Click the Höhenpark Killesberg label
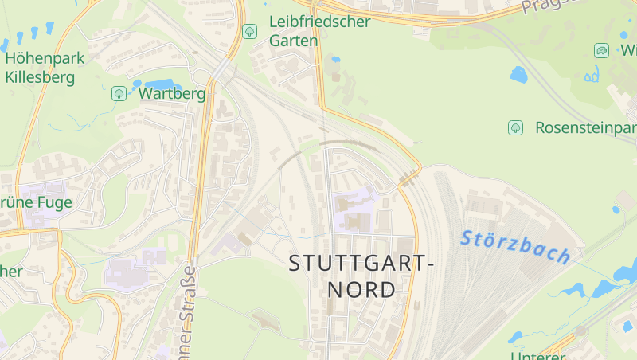tap(45, 68)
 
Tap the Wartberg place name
tap(172, 94)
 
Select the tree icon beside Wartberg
tap(119, 94)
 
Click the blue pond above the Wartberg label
tap(159, 84)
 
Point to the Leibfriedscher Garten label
tap(319, 30)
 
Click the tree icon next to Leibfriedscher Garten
tap(249, 32)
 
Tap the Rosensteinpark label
tap(585, 128)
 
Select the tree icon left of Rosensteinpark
tap(515, 127)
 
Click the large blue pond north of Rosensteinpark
tap(519, 75)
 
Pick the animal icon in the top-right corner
tap(601, 51)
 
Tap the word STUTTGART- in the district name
tap(361, 263)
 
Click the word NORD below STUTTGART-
tap(361, 289)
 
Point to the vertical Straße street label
tap(188, 311)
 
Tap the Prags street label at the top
tap(549, 6)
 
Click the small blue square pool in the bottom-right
tap(627, 326)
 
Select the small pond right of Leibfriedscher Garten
tap(335, 59)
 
